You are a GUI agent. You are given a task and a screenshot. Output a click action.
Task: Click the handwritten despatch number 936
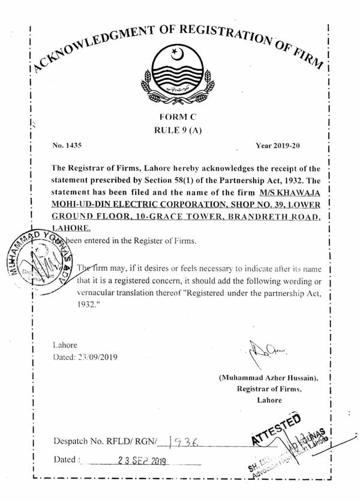click(x=183, y=442)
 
